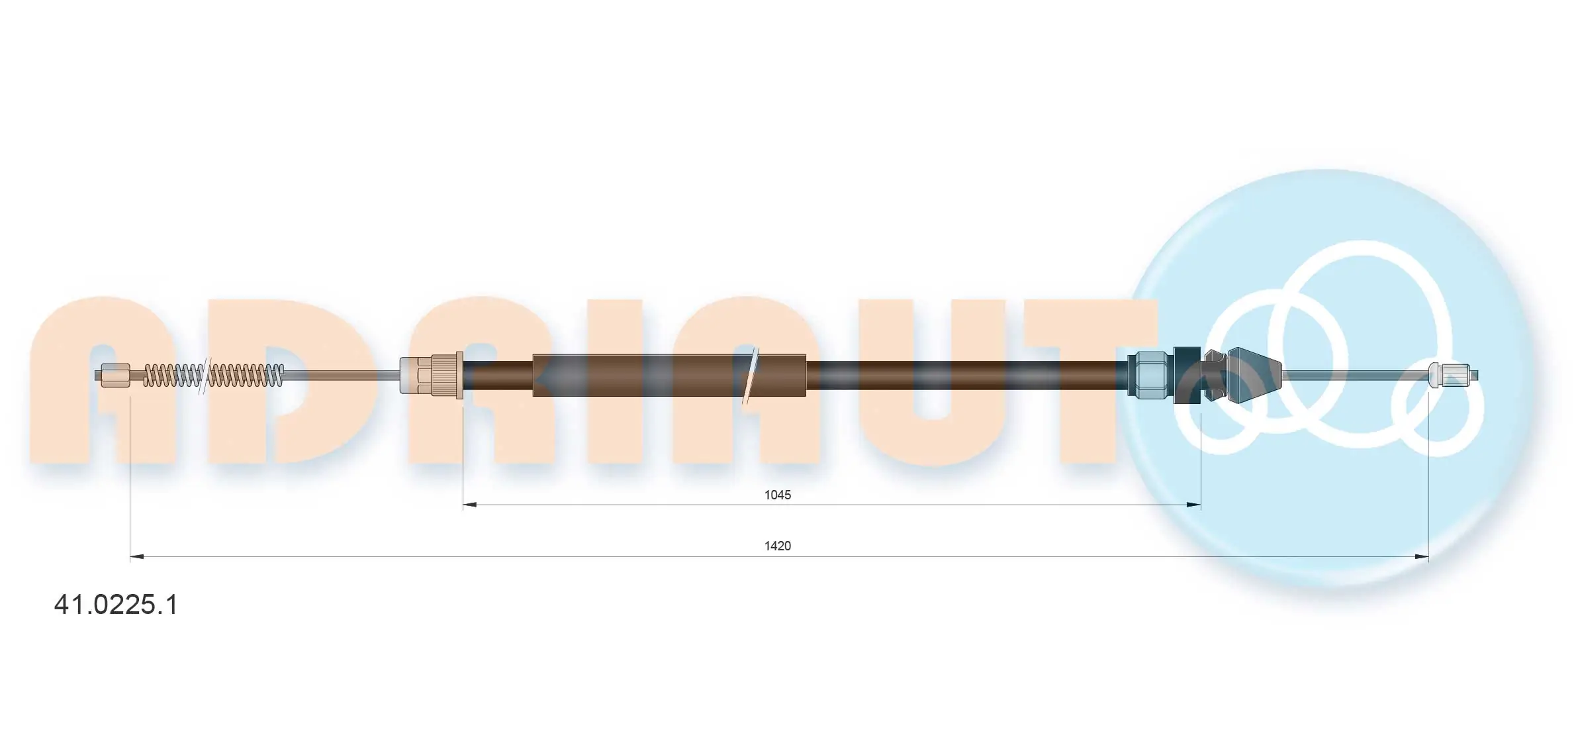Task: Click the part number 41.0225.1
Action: pyautogui.click(x=116, y=605)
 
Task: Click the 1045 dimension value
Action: pyautogui.click(x=778, y=495)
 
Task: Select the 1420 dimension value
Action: pyautogui.click(x=778, y=546)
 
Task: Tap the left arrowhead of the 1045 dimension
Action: pyautogui.click(x=469, y=505)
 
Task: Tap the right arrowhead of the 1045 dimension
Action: pyautogui.click(x=1193, y=505)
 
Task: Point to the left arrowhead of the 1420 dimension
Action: pyautogui.click(x=137, y=557)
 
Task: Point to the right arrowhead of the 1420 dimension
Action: pyautogui.click(x=1421, y=557)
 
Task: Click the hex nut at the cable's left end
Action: pyautogui.click(x=116, y=375)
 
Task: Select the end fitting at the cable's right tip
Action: pyautogui.click(x=1453, y=375)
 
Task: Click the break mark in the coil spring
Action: pyautogui.click(x=204, y=375)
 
